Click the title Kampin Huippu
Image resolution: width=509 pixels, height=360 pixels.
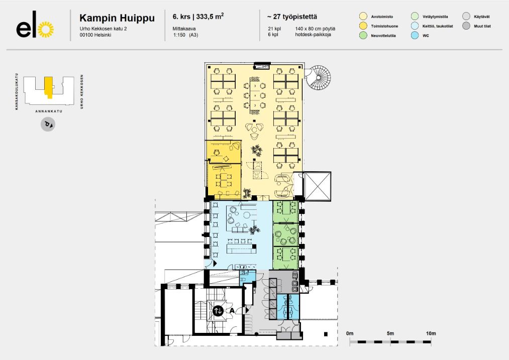(x=117, y=19)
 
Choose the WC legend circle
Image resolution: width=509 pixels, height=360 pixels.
(x=415, y=35)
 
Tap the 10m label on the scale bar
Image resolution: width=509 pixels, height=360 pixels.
(x=431, y=334)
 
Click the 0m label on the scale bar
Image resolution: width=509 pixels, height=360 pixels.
(x=350, y=334)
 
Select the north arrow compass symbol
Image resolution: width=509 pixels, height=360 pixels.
(x=48, y=124)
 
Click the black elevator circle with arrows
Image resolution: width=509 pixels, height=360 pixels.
(x=218, y=311)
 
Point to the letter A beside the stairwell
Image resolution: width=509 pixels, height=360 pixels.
(x=232, y=311)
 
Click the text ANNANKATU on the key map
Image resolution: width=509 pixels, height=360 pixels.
(x=48, y=111)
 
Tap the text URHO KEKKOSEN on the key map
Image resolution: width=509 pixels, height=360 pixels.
(x=81, y=92)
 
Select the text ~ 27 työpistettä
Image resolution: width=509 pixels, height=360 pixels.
(x=292, y=18)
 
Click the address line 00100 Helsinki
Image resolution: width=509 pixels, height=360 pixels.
(x=95, y=35)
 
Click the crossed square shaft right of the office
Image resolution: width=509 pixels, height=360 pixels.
(x=318, y=186)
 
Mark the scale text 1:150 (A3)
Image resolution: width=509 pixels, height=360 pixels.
(x=185, y=35)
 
